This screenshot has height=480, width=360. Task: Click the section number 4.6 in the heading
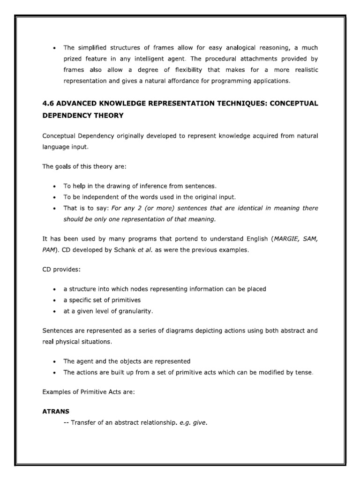(x=48, y=103)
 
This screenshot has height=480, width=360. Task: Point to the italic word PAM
(x=49, y=250)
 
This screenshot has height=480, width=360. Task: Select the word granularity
(x=133, y=311)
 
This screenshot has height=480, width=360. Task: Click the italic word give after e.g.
(x=198, y=422)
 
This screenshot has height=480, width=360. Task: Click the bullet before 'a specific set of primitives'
(x=55, y=300)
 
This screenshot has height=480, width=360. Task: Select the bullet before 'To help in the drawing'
(x=55, y=186)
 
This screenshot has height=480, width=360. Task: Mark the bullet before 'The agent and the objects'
(x=55, y=361)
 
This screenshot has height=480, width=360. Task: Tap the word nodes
(x=126, y=289)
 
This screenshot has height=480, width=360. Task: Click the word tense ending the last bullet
(x=303, y=373)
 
